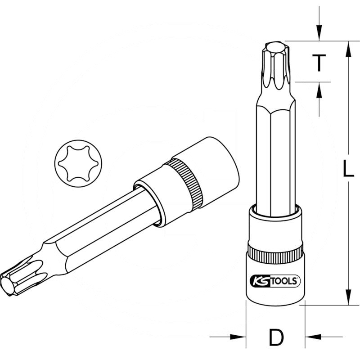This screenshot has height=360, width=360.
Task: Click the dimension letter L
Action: click(347, 169)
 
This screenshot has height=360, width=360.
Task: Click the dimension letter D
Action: click(276, 337)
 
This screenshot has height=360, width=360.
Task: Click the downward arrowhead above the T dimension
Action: click(319, 34)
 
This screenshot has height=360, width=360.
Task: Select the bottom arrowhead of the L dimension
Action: click(347, 297)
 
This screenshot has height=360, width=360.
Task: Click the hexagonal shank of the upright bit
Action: click(275, 157)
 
